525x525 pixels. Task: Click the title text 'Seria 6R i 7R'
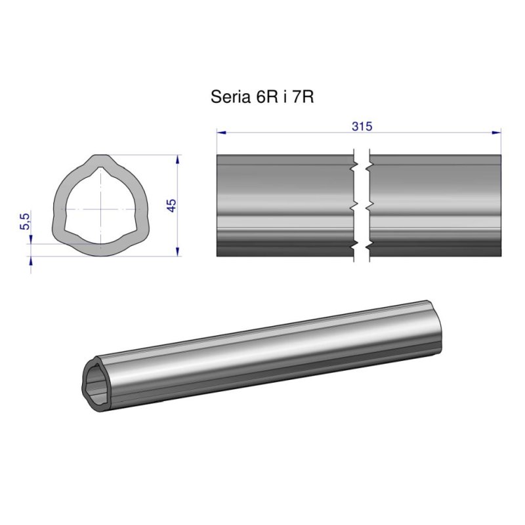coord(262,98)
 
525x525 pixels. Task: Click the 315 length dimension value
coord(362,127)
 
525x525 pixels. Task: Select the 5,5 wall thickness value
coord(26,221)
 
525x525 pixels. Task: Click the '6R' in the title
coord(260,98)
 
